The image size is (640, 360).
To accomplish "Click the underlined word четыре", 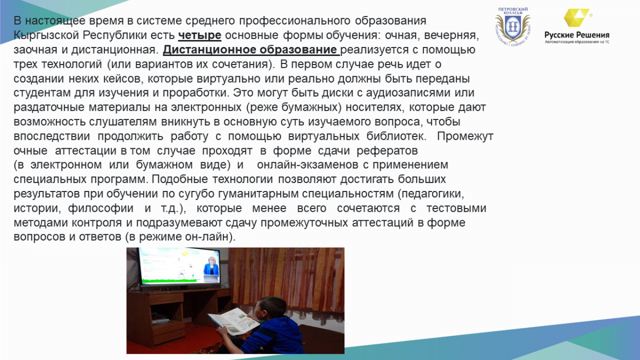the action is pyautogui.click(x=199, y=35).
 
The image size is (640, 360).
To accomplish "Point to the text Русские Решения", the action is pyautogui.click(x=577, y=35).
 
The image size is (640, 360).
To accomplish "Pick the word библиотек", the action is pyautogui.click(x=396, y=137).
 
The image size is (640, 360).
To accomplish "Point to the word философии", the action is pyautogui.click(x=101, y=209).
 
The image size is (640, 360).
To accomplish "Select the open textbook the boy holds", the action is pyautogui.click(x=234, y=321).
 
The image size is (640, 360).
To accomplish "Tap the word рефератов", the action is pyautogui.click(x=387, y=150).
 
